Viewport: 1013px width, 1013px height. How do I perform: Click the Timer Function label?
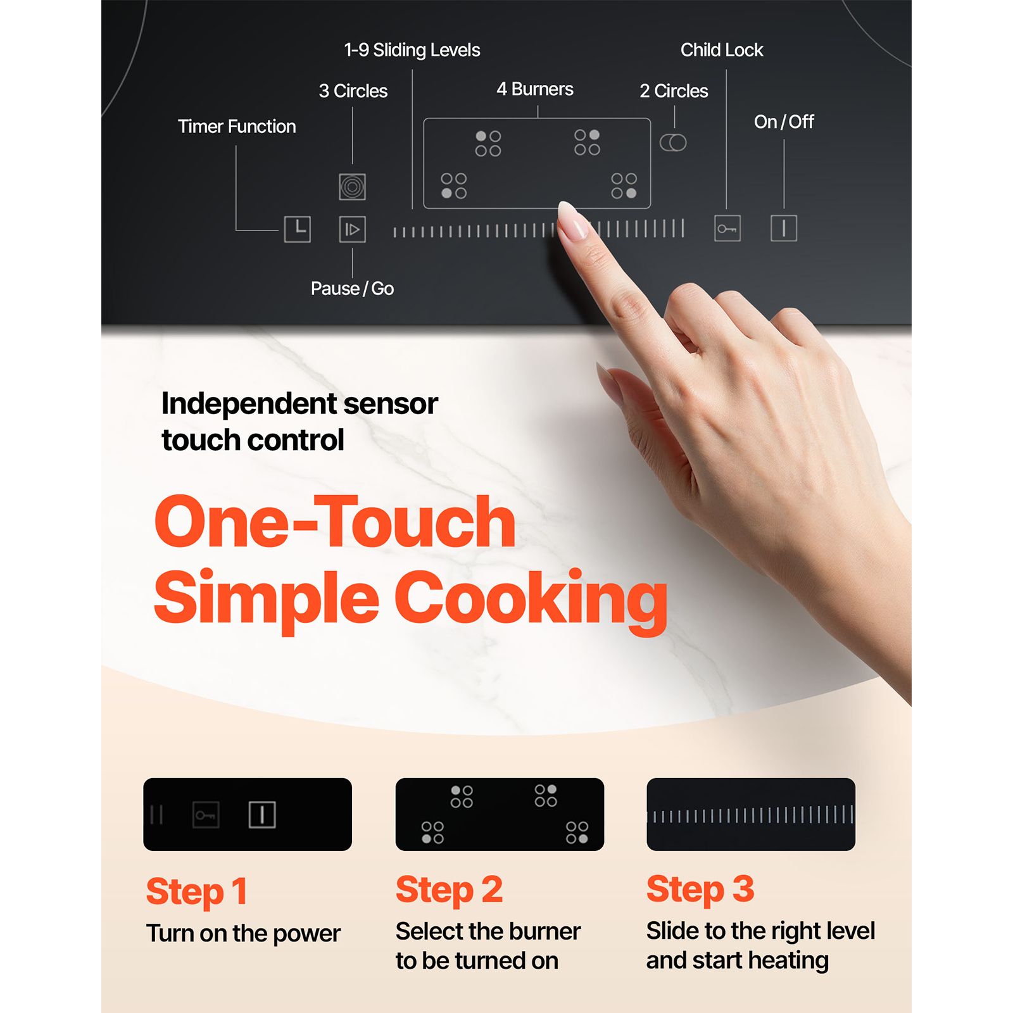click(237, 127)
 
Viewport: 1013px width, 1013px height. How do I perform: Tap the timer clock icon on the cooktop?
click(298, 229)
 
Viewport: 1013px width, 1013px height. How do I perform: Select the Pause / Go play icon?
click(352, 229)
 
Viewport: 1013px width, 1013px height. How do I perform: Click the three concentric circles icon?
click(353, 186)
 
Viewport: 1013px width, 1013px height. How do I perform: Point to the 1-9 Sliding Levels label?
click(412, 50)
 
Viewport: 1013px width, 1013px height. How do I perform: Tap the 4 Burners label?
click(535, 89)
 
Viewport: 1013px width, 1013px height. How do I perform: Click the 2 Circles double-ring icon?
click(673, 142)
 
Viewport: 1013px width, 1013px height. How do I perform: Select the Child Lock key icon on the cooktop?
click(727, 229)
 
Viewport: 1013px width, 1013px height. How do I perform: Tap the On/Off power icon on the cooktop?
click(784, 228)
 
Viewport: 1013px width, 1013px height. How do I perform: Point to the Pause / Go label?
click(352, 289)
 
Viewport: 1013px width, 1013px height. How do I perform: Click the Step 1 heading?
click(196, 891)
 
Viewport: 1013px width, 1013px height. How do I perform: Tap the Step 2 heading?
click(450, 890)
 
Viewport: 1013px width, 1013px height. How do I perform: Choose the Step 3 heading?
click(700, 889)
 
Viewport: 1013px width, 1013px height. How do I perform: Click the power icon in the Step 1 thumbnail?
click(262, 815)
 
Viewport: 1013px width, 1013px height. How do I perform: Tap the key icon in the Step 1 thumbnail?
click(206, 815)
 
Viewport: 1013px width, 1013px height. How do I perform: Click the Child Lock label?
click(722, 50)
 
